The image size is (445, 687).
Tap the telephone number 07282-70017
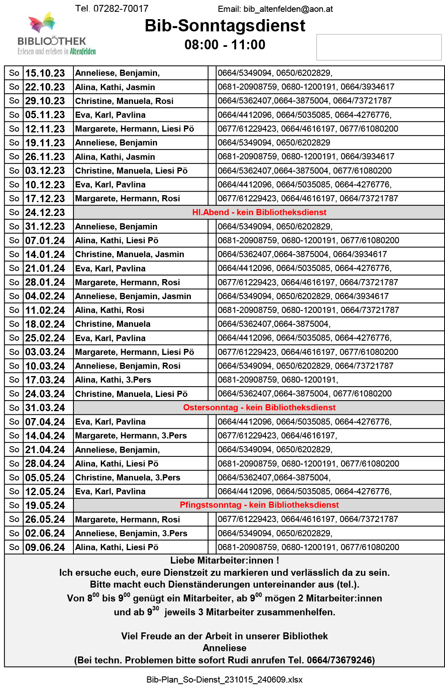(121, 9)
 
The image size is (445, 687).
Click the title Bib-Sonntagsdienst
(225, 26)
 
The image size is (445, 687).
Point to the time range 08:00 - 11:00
(225, 44)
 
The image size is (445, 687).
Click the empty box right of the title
(379, 47)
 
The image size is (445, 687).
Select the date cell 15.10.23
(45, 73)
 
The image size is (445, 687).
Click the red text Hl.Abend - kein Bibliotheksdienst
(259, 212)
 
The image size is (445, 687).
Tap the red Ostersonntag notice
(259, 407)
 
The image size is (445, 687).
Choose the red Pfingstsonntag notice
(259, 505)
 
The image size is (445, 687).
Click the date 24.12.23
(45, 213)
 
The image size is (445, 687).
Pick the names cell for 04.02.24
(133, 296)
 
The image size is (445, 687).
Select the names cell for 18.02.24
(113, 324)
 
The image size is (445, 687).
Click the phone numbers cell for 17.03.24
(278, 380)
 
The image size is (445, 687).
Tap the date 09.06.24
(45, 548)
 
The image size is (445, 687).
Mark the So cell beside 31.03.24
(14, 408)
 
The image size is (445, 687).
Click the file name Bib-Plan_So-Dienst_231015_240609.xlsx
(224, 679)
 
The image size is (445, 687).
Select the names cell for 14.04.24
(131, 436)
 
